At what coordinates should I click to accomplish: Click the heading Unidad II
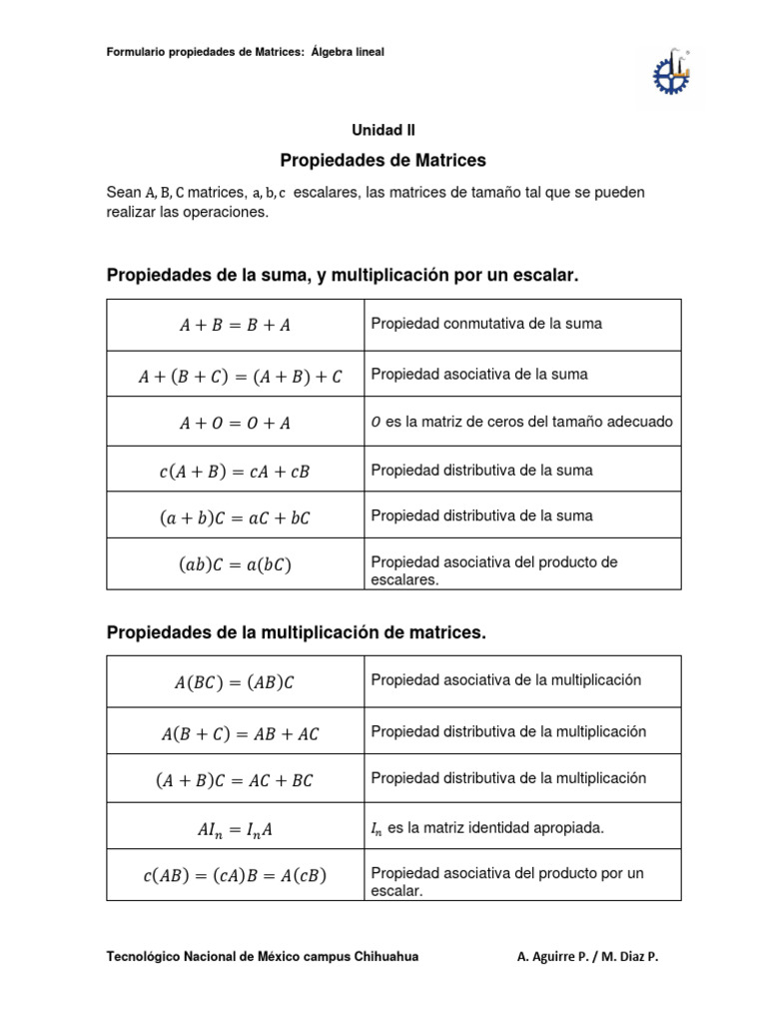coord(383,130)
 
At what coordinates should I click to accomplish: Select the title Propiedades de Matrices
coord(383,160)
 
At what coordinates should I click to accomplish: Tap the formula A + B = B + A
coord(235,325)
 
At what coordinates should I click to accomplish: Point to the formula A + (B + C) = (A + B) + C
coord(240,376)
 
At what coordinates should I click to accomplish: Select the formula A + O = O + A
coord(235,423)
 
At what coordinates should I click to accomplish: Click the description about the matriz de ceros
coord(521,422)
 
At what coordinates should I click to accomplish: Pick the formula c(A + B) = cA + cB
coord(235,471)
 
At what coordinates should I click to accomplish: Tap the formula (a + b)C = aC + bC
coord(235,516)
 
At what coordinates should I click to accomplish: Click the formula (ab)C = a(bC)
coord(235,564)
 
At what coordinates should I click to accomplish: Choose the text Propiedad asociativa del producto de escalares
coord(494,570)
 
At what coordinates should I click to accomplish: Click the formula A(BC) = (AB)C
coord(235,682)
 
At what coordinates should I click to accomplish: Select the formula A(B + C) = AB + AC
coord(240,734)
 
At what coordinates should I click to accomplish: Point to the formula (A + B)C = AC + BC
coord(235,780)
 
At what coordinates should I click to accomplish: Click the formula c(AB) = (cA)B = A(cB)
coord(235,876)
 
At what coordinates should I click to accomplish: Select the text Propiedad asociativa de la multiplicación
coord(505,680)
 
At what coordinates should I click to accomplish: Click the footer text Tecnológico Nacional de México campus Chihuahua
coord(262,957)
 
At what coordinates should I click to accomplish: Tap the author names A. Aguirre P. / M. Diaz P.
coord(588,957)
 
